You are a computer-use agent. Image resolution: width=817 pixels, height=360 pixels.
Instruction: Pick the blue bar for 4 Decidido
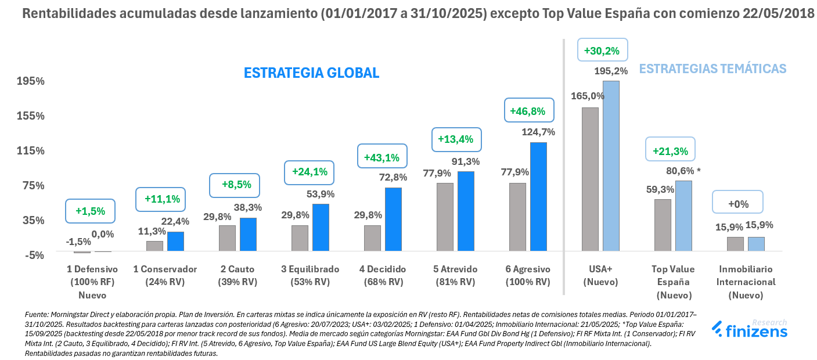pyautogui.click(x=393, y=219)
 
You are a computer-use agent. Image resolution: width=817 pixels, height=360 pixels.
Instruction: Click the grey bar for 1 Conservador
pyautogui.click(x=154, y=246)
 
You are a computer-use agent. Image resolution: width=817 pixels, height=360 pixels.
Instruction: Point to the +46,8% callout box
pyautogui.click(x=528, y=111)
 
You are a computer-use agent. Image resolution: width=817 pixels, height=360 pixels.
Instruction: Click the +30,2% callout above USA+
pyautogui.click(x=602, y=51)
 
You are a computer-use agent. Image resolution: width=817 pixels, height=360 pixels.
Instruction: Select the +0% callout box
pyautogui.click(x=738, y=204)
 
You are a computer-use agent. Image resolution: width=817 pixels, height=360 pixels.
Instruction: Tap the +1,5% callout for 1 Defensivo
pyautogui.click(x=90, y=211)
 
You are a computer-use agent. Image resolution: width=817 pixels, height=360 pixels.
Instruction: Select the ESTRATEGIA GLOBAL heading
pyautogui.click(x=311, y=73)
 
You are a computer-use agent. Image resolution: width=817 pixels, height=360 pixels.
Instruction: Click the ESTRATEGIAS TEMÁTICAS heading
pyautogui.click(x=712, y=69)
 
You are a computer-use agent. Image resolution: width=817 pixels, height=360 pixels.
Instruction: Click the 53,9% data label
pyautogui.click(x=321, y=194)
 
